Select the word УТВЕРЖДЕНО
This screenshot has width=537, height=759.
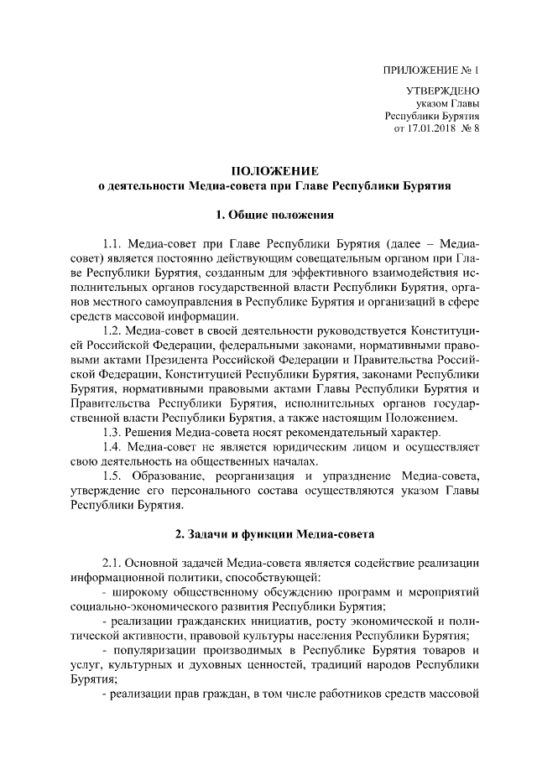444,91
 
